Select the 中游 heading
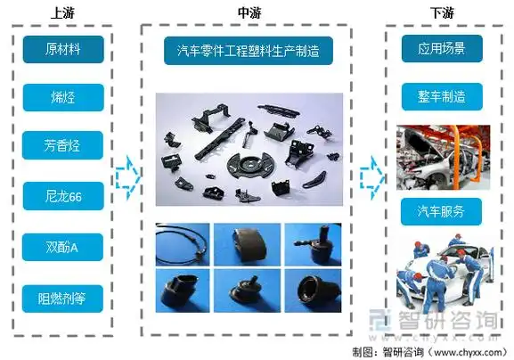[x=249, y=12]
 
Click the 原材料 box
[x=63, y=49]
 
